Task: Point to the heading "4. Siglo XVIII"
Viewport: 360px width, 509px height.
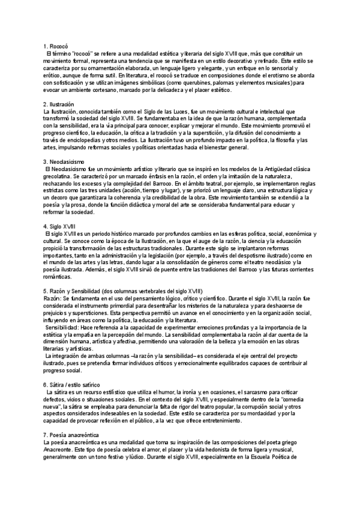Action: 59,225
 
